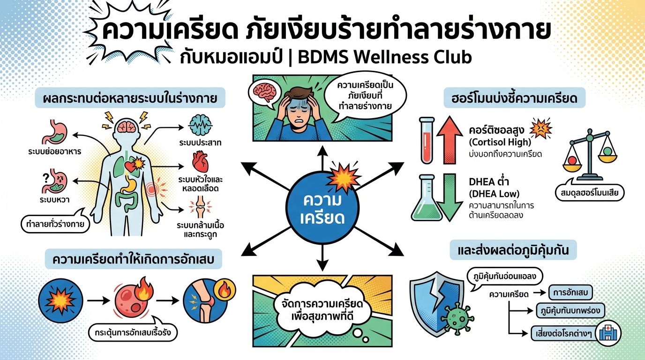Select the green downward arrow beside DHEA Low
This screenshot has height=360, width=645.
pos(449,197)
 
